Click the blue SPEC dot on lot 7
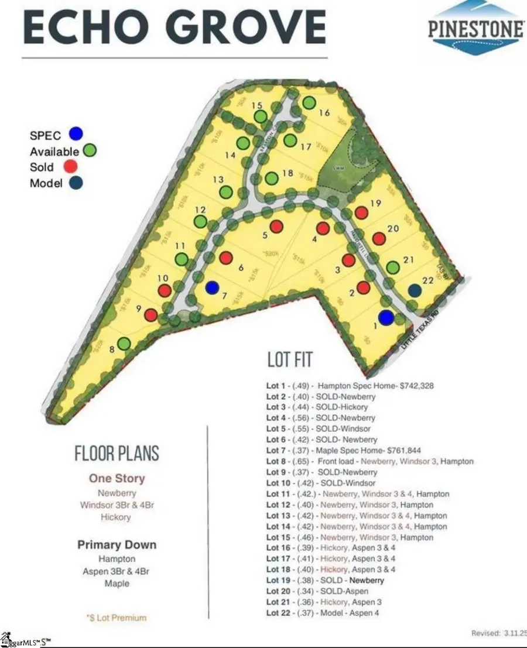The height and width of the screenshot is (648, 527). point(213,287)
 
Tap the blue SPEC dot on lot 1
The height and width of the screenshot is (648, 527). point(385,317)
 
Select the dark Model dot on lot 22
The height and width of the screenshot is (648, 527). point(415,290)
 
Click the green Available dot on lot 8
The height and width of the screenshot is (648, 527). point(124,344)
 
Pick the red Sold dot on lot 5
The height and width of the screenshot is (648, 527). point(276,226)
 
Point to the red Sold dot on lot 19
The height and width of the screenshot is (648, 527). point(361,213)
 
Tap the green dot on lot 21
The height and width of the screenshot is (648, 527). point(393,268)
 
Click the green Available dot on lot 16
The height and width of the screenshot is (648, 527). point(309,103)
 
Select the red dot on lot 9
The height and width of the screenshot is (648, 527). point(151,315)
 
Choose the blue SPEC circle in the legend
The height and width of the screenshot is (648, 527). point(75,133)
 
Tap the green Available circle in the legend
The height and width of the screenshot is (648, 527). point(90,151)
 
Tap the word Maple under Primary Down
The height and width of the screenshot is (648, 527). point(118,584)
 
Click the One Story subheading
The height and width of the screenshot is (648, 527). point(117,478)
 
